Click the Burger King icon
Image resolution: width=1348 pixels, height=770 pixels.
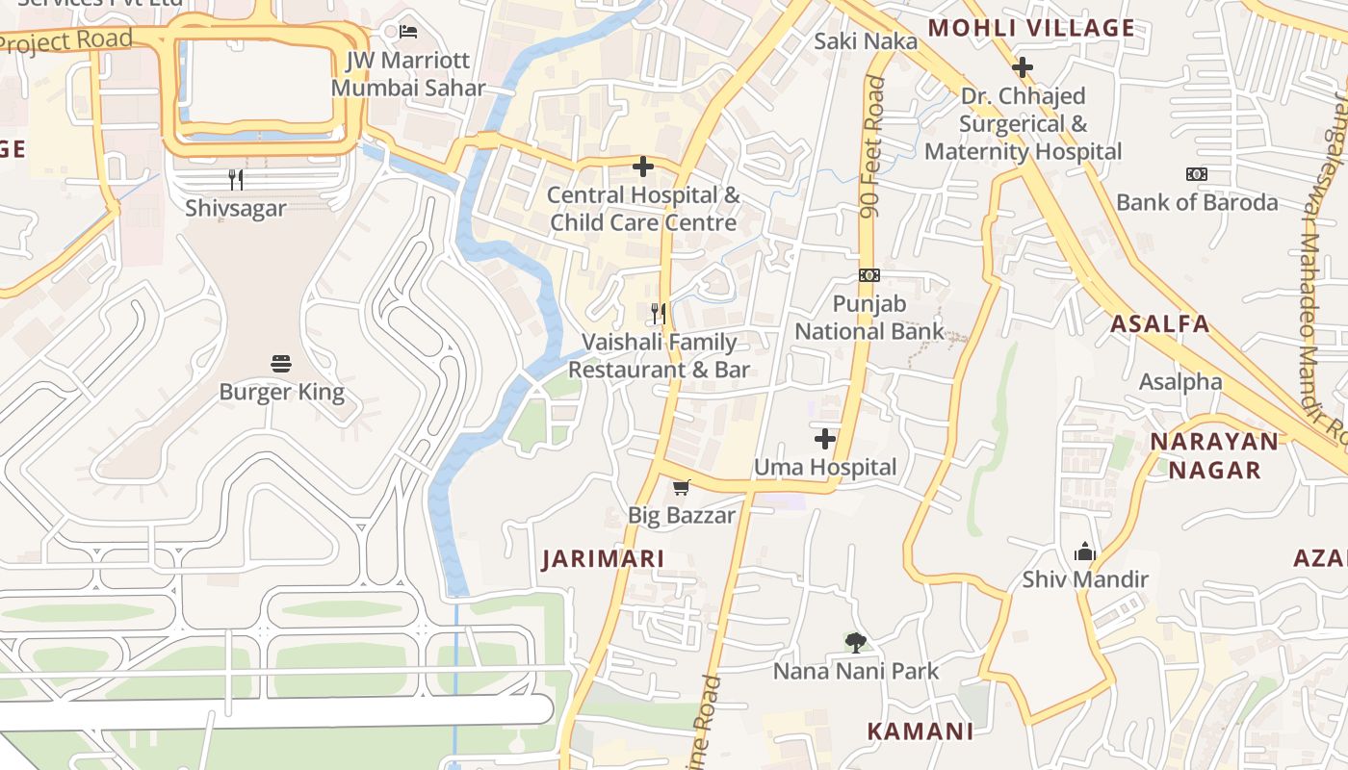pyautogui.click(x=281, y=364)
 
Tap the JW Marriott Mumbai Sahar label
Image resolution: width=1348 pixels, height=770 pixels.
pyautogui.click(x=407, y=74)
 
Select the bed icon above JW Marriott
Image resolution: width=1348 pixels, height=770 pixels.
pyautogui.click(x=408, y=32)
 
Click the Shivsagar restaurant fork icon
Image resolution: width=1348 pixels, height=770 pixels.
pyautogui.click(x=235, y=179)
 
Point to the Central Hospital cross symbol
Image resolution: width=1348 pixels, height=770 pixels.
pyautogui.click(x=642, y=167)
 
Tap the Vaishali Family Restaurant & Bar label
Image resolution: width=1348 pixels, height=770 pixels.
pyautogui.click(x=660, y=355)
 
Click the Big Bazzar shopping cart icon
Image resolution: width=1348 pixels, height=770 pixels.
pyautogui.click(x=682, y=487)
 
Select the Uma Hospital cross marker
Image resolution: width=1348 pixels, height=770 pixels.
pyautogui.click(x=825, y=439)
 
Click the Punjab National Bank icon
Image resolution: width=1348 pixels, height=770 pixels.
pyautogui.click(x=869, y=275)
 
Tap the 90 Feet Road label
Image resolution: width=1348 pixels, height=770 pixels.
pyautogui.click(x=873, y=147)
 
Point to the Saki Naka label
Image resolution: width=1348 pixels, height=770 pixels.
pyautogui.click(x=866, y=41)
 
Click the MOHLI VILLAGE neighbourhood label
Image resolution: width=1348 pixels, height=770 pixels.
pyautogui.click(x=1031, y=28)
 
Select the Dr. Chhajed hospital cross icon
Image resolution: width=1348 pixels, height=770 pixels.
pyautogui.click(x=1023, y=67)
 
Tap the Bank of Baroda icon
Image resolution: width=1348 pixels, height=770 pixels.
pyautogui.click(x=1197, y=174)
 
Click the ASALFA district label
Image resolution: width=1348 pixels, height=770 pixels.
pyautogui.click(x=1160, y=323)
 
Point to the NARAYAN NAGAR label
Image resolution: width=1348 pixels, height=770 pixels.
pyautogui.click(x=1215, y=455)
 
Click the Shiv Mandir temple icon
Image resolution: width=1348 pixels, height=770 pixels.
pyautogui.click(x=1085, y=552)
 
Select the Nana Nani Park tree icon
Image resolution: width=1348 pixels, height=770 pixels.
pyautogui.click(x=855, y=642)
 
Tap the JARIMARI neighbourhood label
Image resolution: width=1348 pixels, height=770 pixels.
pyautogui.click(x=604, y=559)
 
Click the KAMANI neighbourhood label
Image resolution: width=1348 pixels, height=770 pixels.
pyautogui.click(x=920, y=731)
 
